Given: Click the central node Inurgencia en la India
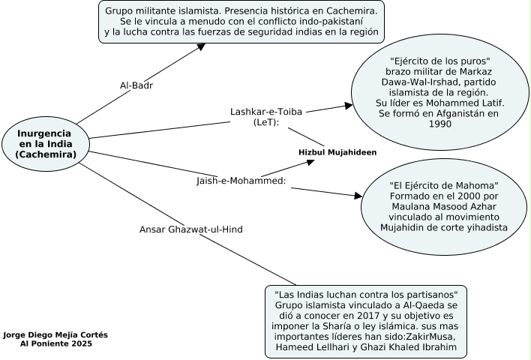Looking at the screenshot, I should pos(46,143).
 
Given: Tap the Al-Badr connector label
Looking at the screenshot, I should pos(136,85).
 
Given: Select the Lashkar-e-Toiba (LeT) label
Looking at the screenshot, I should pos(265,116).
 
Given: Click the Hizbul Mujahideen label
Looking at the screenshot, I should pos(337,152).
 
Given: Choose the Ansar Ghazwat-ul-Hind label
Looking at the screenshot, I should pos(191,229).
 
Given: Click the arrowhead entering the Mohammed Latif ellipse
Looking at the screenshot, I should pos(349,106).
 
